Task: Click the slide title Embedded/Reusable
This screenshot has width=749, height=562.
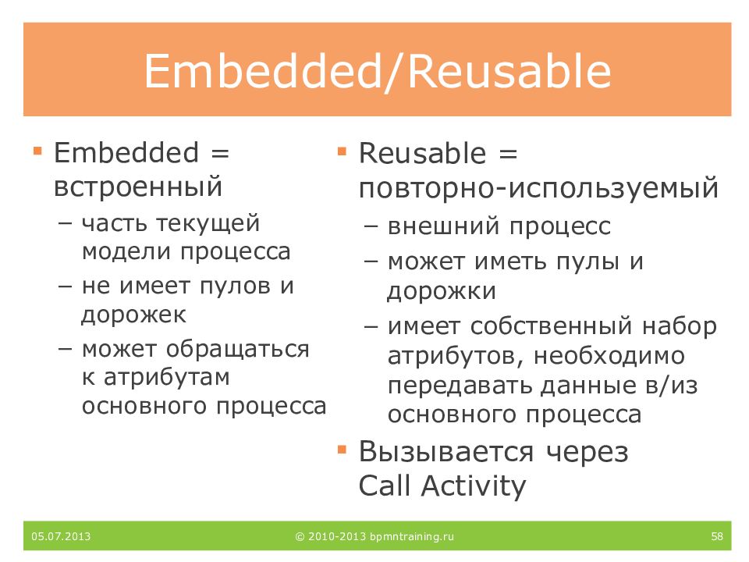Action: click(378, 72)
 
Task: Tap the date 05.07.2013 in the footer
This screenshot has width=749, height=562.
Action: click(61, 536)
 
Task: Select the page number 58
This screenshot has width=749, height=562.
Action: click(717, 536)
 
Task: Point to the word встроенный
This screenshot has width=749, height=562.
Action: click(138, 186)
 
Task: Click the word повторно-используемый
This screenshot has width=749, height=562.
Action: click(538, 188)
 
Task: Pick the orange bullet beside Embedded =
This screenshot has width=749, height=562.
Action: click(37, 151)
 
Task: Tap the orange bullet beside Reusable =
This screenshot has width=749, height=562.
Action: click(342, 151)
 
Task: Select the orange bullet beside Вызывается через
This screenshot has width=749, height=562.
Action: click(342, 450)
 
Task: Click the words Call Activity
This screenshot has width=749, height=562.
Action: click(442, 486)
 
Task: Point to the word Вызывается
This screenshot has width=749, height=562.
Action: click(446, 452)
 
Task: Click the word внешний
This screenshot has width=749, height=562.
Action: click(444, 226)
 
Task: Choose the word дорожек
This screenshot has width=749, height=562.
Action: click(133, 315)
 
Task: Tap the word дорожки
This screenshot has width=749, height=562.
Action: click(442, 291)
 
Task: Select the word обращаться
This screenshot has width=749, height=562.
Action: click(238, 350)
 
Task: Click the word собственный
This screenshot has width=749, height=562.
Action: click(552, 326)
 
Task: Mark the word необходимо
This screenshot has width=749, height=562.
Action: click(609, 356)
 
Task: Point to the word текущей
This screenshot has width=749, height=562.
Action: click(208, 224)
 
